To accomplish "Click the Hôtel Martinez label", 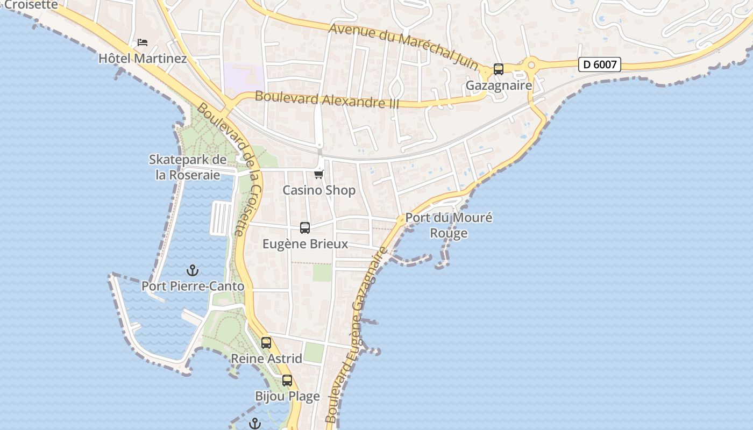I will tap(143, 58).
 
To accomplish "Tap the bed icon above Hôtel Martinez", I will tap(143, 42).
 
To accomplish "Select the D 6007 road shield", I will tap(600, 64).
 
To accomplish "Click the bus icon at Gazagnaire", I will tap(499, 69).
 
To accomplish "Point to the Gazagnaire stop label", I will tap(499, 85).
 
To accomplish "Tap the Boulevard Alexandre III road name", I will tap(327, 99).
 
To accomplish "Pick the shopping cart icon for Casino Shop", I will tap(319, 174).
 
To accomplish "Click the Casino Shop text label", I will tap(319, 190).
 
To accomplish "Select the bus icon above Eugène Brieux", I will tap(305, 228).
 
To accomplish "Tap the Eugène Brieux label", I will tap(305, 244).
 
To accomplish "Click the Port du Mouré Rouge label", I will tap(449, 225).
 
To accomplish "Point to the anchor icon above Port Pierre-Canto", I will tap(192, 270).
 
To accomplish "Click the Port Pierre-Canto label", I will tap(193, 286).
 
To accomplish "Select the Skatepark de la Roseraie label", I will tap(188, 167).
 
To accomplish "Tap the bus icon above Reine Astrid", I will tap(266, 342).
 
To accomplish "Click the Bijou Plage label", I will tap(287, 397).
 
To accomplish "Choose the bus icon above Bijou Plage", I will tap(287, 381).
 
